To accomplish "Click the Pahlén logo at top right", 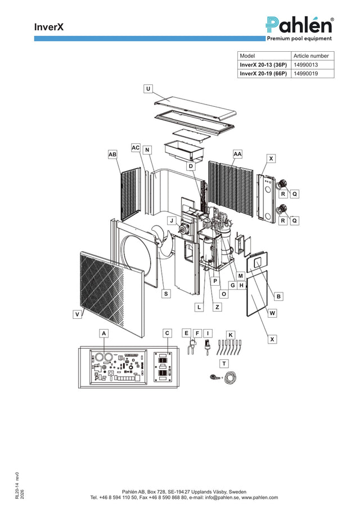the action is [x=300, y=29].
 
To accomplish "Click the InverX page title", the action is [x=49, y=27].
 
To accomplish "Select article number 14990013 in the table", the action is [x=306, y=65].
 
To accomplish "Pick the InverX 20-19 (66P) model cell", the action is [x=263, y=73].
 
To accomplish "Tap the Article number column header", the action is [x=311, y=56].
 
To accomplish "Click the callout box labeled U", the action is [x=148, y=89].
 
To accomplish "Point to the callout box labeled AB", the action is [x=112, y=154].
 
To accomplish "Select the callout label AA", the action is [x=237, y=154].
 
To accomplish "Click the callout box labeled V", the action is [x=77, y=314].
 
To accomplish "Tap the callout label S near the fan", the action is [x=166, y=294].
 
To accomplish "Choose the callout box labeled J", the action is [x=172, y=220].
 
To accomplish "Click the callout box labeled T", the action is [x=224, y=363].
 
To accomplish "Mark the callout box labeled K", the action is [x=231, y=335].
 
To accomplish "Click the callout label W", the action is [x=272, y=313].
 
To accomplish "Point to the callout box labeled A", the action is [x=104, y=334].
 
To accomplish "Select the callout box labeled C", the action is [x=167, y=333].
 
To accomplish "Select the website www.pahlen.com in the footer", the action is [x=260, y=497].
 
